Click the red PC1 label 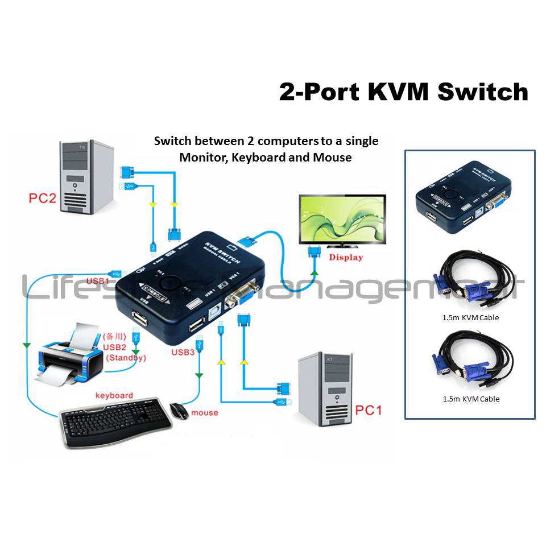pyautogui.click(x=369, y=410)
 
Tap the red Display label pyautogui.click(x=346, y=257)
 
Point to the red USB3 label pyautogui.click(x=183, y=353)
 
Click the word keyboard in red pyautogui.click(x=114, y=395)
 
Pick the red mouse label pyautogui.click(x=205, y=412)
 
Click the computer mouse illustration pyautogui.click(x=180, y=411)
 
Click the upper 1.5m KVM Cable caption pyautogui.click(x=470, y=317)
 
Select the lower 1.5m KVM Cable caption pyautogui.click(x=470, y=399)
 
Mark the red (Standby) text pyautogui.click(x=126, y=358)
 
